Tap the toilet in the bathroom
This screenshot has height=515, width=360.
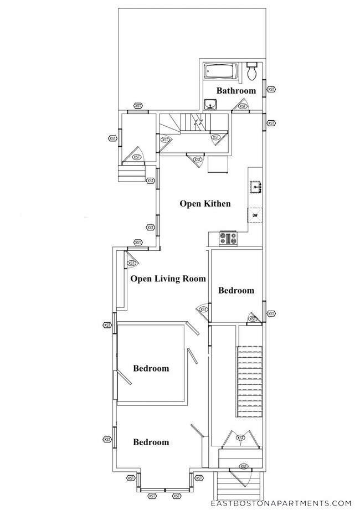[251, 71]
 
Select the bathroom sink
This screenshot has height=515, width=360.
[210, 104]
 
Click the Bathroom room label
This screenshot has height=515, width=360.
[236, 90]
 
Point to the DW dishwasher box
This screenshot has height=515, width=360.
[255, 215]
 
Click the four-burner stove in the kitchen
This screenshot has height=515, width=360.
[228, 239]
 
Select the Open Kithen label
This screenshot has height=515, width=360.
[204, 204]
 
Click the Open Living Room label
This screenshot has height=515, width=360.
[168, 279]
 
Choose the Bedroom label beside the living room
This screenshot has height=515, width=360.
[236, 290]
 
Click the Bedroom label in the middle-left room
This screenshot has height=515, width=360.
[151, 368]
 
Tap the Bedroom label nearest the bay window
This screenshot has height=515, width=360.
[151, 442]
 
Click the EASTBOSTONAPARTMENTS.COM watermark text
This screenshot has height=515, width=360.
[281, 503]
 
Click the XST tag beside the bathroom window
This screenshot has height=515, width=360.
[271, 89]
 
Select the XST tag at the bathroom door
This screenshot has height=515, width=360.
[243, 106]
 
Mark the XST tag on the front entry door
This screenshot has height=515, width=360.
[241, 466]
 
